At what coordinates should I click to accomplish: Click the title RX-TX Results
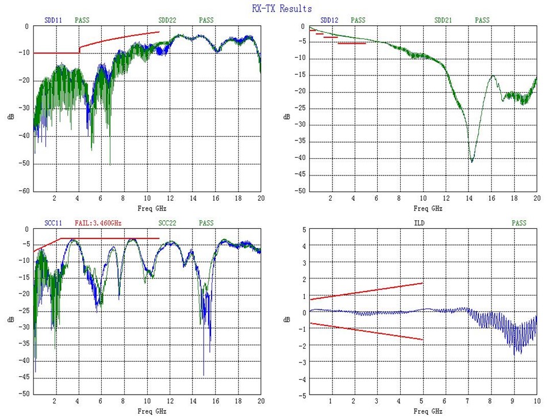[282, 9]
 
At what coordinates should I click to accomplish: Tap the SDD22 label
[167, 20]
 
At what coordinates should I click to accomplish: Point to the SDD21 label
[443, 20]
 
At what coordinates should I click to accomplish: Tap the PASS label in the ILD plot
[519, 223]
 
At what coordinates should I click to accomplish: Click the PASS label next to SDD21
[482, 20]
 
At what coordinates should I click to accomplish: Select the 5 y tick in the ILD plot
[302, 229]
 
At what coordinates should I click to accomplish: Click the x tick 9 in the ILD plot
[513, 401]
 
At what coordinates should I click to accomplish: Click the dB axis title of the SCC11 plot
[11, 319]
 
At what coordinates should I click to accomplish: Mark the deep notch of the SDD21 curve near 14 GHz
[472, 161]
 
